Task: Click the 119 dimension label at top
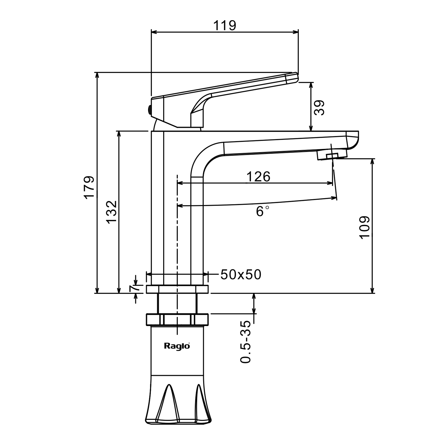click(x=225, y=26)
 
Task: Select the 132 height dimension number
click(x=112, y=212)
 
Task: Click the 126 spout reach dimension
click(x=258, y=177)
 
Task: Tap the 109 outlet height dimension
click(x=364, y=227)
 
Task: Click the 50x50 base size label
click(x=241, y=275)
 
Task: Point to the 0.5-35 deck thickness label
click(x=246, y=342)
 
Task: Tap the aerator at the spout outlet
click(x=332, y=155)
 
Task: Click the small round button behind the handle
click(x=150, y=110)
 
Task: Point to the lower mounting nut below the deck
click(x=177, y=319)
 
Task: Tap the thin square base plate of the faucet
click(x=177, y=289)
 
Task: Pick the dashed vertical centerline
click(x=177, y=237)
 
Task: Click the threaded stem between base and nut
click(x=177, y=303)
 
